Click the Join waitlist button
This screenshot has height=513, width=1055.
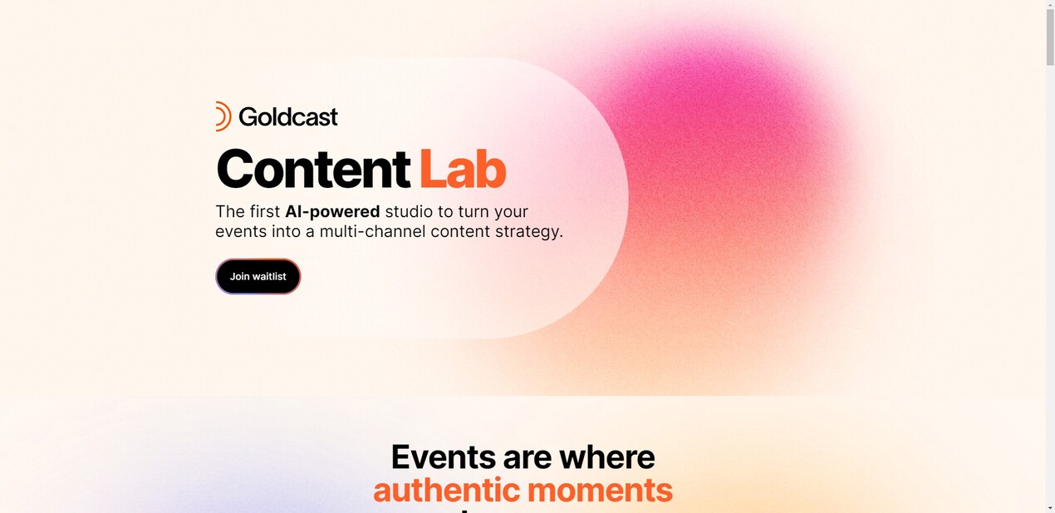click(258, 277)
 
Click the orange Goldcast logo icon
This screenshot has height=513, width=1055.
click(223, 116)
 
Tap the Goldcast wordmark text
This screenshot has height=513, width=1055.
click(288, 117)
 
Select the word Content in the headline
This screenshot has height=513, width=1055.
click(312, 169)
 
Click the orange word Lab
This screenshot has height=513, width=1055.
click(462, 169)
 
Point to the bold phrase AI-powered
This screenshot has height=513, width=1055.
click(332, 212)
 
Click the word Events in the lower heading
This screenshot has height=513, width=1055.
click(442, 457)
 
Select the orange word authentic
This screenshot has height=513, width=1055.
click(445, 491)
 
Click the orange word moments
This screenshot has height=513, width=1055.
click(599, 491)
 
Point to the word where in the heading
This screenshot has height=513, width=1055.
click(606, 457)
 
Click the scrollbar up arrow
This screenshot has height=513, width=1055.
click(1050, 5)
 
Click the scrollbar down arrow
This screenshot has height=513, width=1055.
click(1050, 507)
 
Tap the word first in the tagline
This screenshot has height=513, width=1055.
click(265, 212)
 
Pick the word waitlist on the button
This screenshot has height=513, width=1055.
click(269, 277)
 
